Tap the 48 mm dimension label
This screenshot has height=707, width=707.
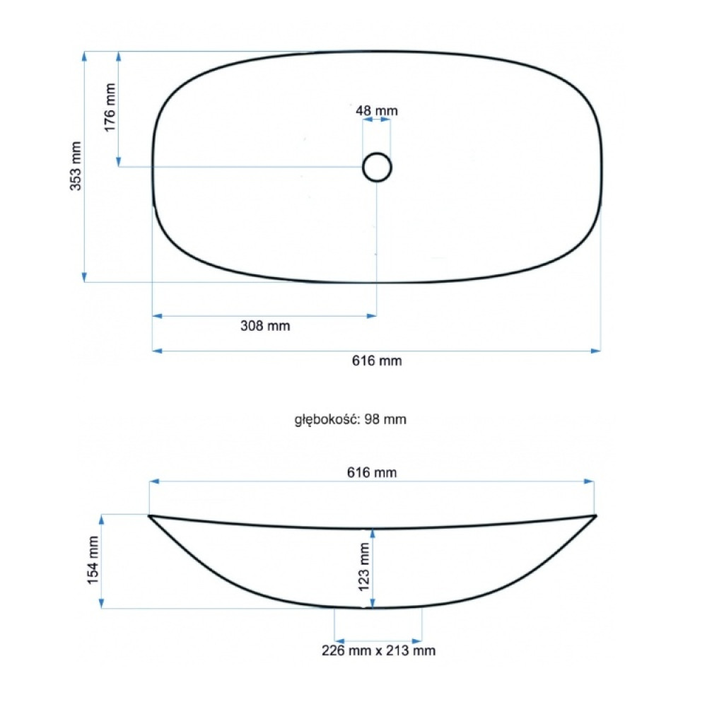click(377, 110)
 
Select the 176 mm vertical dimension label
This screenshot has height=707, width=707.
click(110, 107)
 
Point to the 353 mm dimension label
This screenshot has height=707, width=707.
click(76, 166)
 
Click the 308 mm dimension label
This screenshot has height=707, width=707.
click(265, 325)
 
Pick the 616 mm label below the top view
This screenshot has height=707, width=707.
click(377, 361)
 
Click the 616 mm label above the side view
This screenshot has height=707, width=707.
click(372, 472)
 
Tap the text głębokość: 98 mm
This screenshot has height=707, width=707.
click(351, 419)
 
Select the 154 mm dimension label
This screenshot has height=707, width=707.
click(93, 561)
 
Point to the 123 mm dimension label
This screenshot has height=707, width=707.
click(363, 567)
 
